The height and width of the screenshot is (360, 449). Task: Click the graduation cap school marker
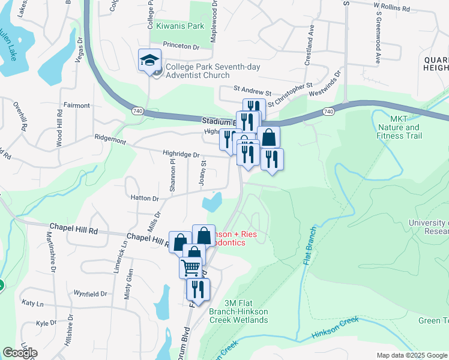149,60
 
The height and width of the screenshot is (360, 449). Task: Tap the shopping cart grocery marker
191,266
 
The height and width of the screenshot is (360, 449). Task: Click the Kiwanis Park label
180,26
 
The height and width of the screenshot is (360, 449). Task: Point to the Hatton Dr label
143,198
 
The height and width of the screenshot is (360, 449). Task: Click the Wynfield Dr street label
90,294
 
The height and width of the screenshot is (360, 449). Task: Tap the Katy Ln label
32,304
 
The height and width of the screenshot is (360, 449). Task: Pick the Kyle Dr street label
46,323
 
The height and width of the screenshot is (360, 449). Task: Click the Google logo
20,353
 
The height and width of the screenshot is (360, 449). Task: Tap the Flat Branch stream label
306,247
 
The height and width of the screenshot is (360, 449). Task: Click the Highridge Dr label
181,154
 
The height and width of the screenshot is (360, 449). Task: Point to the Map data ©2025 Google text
411,355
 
